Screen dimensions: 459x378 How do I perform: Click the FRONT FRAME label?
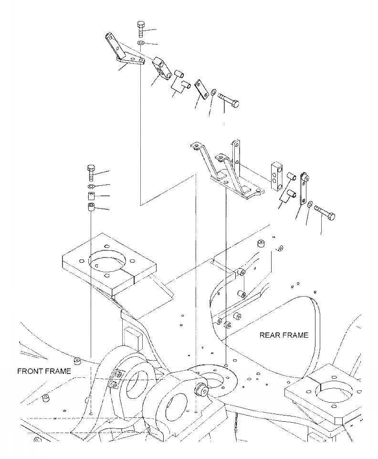click(x=44, y=371)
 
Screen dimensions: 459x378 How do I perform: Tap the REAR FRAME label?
click(x=283, y=335)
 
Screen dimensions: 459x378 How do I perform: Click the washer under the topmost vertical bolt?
click(x=141, y=43)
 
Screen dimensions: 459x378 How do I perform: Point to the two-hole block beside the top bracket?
click(x=163, y=68)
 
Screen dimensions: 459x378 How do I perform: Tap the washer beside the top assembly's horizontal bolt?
click(x=213, y=91)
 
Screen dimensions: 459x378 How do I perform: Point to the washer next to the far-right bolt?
click(x=310, y=204)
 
